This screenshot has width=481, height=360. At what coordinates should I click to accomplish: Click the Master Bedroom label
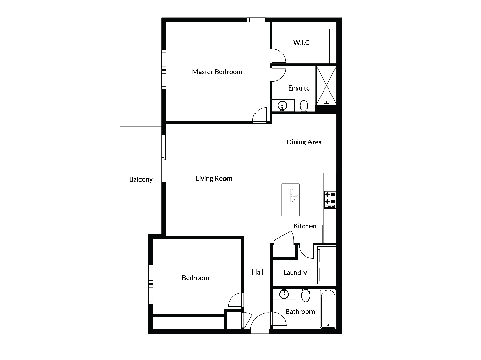pyautogui.click(x=217, y=72)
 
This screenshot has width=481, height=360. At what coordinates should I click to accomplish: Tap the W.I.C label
pyautogui.click(x=301, y=42)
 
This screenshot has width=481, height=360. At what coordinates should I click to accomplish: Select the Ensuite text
pyautogui.click(x=299, y=88)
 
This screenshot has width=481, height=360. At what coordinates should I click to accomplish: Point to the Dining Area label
pyautogui.click(x=304, y=142)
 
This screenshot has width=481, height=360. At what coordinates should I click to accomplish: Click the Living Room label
pyautogui.click(x=214, y=178)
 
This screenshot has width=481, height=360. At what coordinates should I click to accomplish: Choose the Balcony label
pyautogui.click(x=141, y=179)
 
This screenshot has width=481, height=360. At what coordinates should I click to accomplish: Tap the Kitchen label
pyautogui.click(x=305, y=226)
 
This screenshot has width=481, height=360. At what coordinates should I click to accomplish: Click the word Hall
pyautogui.click(x=258, y=272)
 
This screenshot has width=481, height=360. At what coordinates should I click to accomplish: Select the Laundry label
pyautogui.click(x=295, y=273)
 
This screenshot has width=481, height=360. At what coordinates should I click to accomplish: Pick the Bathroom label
pyautogui.click(x=300, y=312)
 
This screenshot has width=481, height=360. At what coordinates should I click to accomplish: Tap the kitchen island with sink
pyautogui.click(x=291, y=199)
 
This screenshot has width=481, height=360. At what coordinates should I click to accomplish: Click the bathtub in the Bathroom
pyautogui.click(x=328, y=309)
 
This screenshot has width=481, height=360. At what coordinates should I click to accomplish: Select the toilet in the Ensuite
pyautogui.click(x=304, y=106)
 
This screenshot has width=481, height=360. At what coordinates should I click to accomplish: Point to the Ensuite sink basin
pyautogui.click(x=282, y=106)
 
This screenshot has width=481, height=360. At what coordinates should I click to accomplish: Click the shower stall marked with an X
pyautogui.click(x=326, y=85)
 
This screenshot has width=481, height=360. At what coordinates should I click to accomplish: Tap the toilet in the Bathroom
pyautogui.click(x=306, y=295)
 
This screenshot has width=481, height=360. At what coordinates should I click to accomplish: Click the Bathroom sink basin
pyautogui.click(x=285, y=294)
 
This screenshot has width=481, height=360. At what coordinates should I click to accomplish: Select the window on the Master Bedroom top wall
pyautogui.click(x=256, y=20)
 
